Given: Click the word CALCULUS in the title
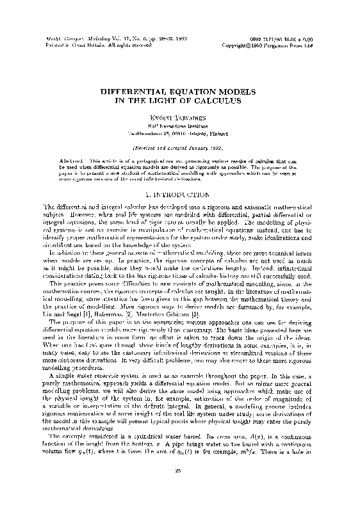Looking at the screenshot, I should click(x=215, y=101).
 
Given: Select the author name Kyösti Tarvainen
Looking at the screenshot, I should click(x=180, y=118).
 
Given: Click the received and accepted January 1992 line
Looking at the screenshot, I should click(x=180, y=146).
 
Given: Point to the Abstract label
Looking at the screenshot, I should click(x=75, y=157).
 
